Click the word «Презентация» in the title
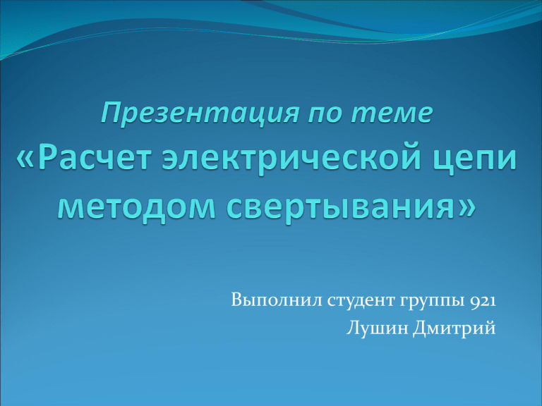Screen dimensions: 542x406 200,114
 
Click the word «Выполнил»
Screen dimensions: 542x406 277,300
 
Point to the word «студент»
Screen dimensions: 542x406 361,300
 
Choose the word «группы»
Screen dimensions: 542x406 433,302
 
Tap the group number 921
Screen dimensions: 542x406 483,301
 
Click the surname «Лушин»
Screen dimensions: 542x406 377,327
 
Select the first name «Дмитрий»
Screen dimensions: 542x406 454,328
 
